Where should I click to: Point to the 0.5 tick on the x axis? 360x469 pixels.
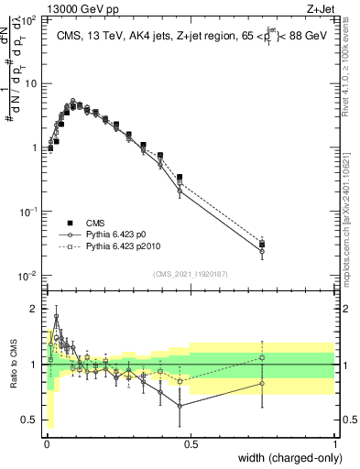point(191,443)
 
